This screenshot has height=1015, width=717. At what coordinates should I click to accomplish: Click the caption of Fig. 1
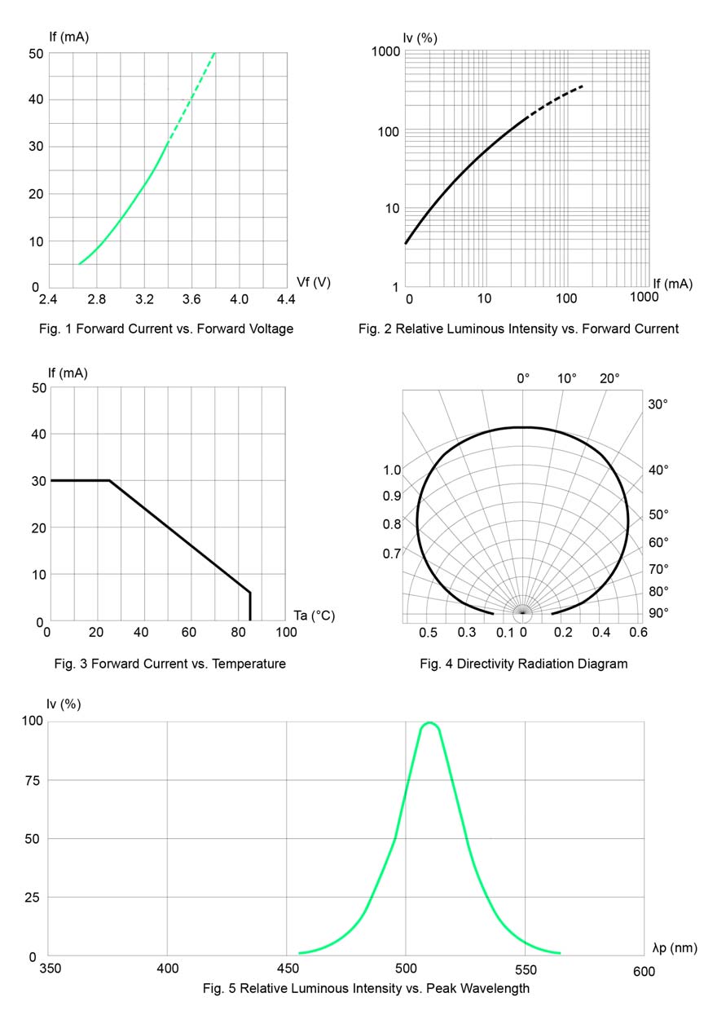(165, 329)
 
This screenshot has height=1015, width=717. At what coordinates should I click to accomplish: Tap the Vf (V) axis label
(314, 282)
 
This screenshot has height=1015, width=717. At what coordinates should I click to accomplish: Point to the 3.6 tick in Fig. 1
(191, 300)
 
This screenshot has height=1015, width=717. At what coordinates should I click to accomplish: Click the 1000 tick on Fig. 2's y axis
(385, 52)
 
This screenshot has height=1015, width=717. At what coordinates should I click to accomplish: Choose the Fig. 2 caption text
(518, 329)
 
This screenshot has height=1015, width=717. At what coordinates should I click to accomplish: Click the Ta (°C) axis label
(314, 616)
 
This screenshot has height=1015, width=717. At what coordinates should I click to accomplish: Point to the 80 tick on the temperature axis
(238, 633)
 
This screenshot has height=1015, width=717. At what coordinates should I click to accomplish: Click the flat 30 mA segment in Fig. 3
(79, 480)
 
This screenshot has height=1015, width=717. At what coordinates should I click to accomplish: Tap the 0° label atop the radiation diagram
(523, 378)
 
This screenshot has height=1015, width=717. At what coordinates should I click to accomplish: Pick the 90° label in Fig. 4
(658, 612)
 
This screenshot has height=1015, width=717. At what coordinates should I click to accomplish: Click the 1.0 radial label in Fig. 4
(392, 470)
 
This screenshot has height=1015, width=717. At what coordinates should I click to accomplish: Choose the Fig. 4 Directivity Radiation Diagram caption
(523, 664)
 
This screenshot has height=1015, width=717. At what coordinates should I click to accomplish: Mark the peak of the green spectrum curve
(429, 722)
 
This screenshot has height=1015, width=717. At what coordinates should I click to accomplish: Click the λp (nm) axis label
(675, 947)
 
